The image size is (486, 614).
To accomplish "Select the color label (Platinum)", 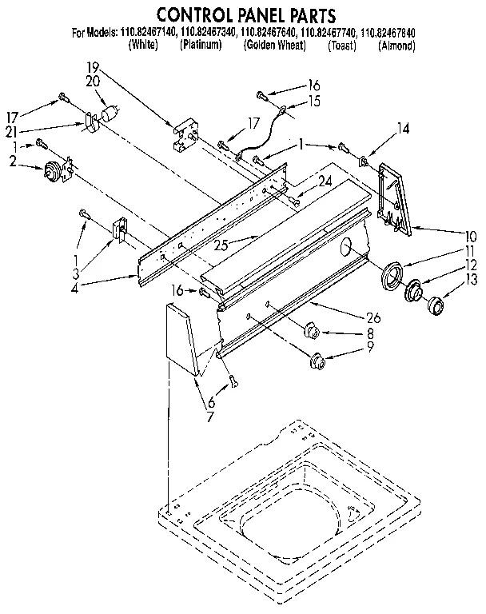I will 201,46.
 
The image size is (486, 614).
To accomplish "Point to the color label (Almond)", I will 396,46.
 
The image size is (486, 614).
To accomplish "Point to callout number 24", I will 324,181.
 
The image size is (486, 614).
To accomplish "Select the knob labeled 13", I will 436,305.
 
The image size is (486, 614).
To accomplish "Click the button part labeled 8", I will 312,328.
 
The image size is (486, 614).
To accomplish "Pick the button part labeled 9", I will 318,359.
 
